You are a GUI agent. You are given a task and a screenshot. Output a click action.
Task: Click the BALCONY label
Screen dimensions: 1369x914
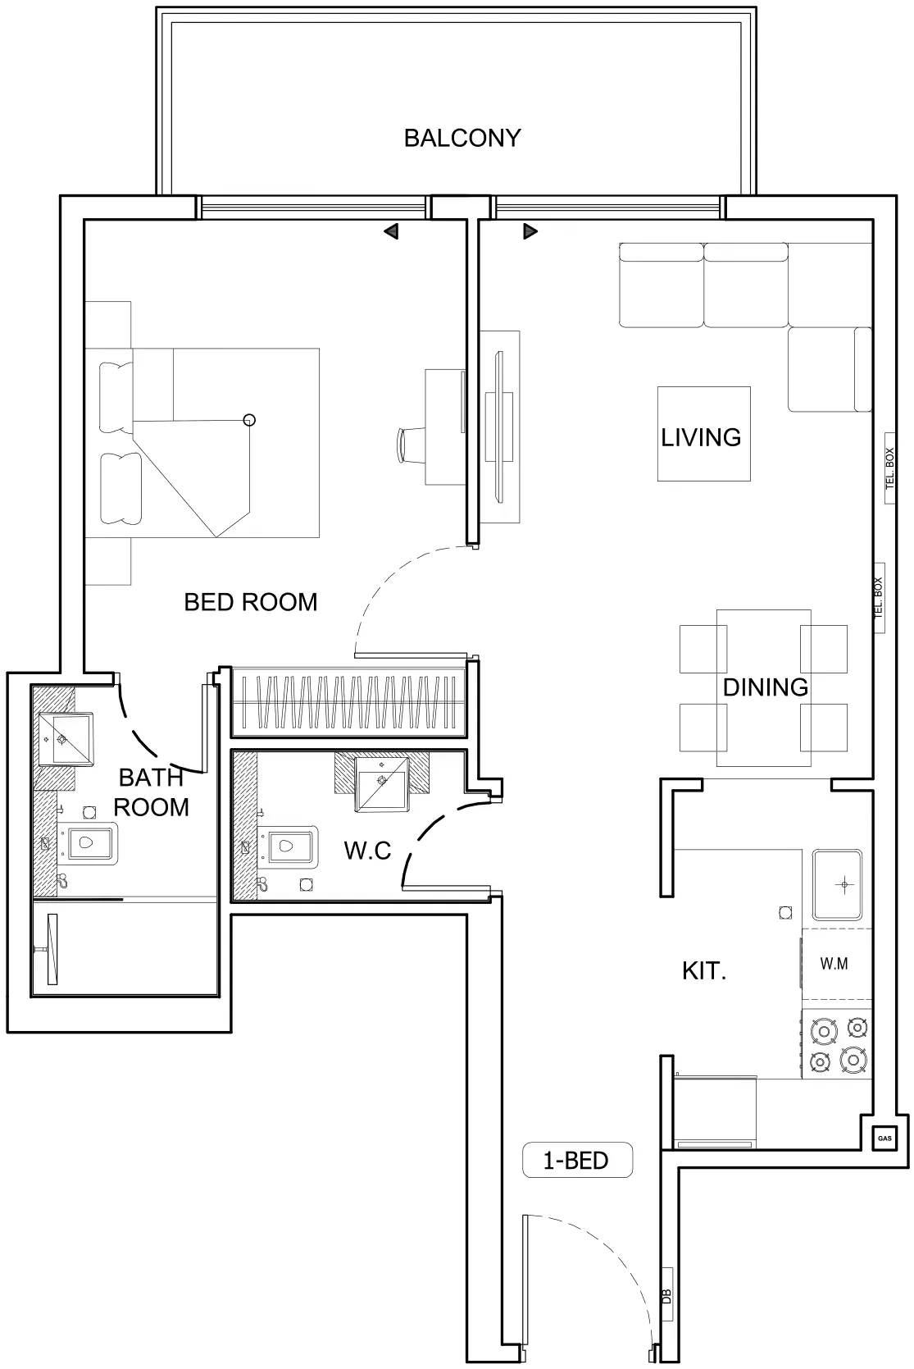click(462, 138)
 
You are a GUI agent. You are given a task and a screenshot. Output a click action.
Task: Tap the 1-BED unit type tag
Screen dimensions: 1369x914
click(576, 1160)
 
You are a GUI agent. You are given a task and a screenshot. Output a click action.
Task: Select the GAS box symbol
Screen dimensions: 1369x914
click(884, 1138)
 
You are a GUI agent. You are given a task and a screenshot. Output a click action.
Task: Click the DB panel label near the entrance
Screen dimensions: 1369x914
click(666, 1296)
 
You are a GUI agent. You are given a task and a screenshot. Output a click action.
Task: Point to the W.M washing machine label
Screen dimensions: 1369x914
click(834, 964)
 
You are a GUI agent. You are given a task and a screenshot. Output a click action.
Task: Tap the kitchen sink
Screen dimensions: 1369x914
click(837, 885)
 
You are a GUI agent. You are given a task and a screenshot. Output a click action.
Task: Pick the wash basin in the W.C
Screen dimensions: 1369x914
click(381, 783)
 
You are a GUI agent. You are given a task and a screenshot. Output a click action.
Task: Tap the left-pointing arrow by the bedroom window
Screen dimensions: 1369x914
click(391, 231)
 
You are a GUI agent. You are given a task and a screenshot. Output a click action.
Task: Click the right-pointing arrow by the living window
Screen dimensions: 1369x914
click(530, 231)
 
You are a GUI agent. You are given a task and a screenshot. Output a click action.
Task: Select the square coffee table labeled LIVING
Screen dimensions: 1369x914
click(703, 434)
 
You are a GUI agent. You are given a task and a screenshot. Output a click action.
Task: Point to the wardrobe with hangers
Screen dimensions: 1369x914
click(348, 702)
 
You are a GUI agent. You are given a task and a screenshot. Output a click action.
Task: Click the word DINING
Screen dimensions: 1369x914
click(765, 687)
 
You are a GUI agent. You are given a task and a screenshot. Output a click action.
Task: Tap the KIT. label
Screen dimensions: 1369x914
click(704, 971)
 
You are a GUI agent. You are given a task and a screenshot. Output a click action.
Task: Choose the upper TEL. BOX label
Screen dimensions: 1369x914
click(890, 468)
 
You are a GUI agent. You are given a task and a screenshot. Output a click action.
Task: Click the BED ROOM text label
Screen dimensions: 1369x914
click(250, 602)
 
